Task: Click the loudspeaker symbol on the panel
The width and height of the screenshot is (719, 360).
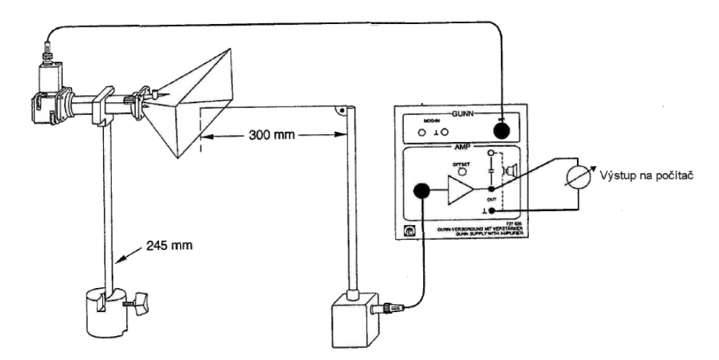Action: tap(509, 170)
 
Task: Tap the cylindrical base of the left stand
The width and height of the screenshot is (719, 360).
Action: tap(104, 313)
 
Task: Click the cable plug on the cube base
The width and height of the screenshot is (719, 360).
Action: tap(390, 308)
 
